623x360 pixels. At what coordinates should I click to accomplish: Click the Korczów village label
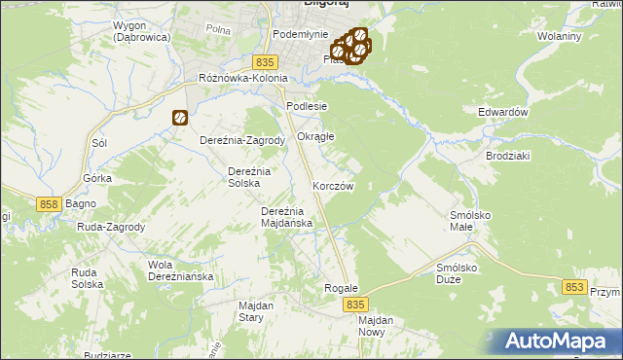332,185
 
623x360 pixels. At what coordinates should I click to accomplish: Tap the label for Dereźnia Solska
242,177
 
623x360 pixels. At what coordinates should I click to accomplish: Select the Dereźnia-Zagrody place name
242,140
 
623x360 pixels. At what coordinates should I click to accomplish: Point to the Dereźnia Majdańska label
287,217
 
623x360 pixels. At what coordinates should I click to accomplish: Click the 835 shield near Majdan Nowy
355,305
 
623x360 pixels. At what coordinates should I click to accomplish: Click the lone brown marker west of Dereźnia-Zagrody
180,118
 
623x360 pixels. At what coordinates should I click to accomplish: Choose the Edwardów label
502,112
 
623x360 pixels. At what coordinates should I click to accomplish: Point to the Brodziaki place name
506,156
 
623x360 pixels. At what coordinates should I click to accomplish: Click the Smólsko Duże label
461,272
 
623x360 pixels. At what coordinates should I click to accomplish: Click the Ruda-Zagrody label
111,228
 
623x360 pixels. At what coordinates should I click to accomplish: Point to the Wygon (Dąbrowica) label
141,30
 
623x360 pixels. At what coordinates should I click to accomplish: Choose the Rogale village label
341,289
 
